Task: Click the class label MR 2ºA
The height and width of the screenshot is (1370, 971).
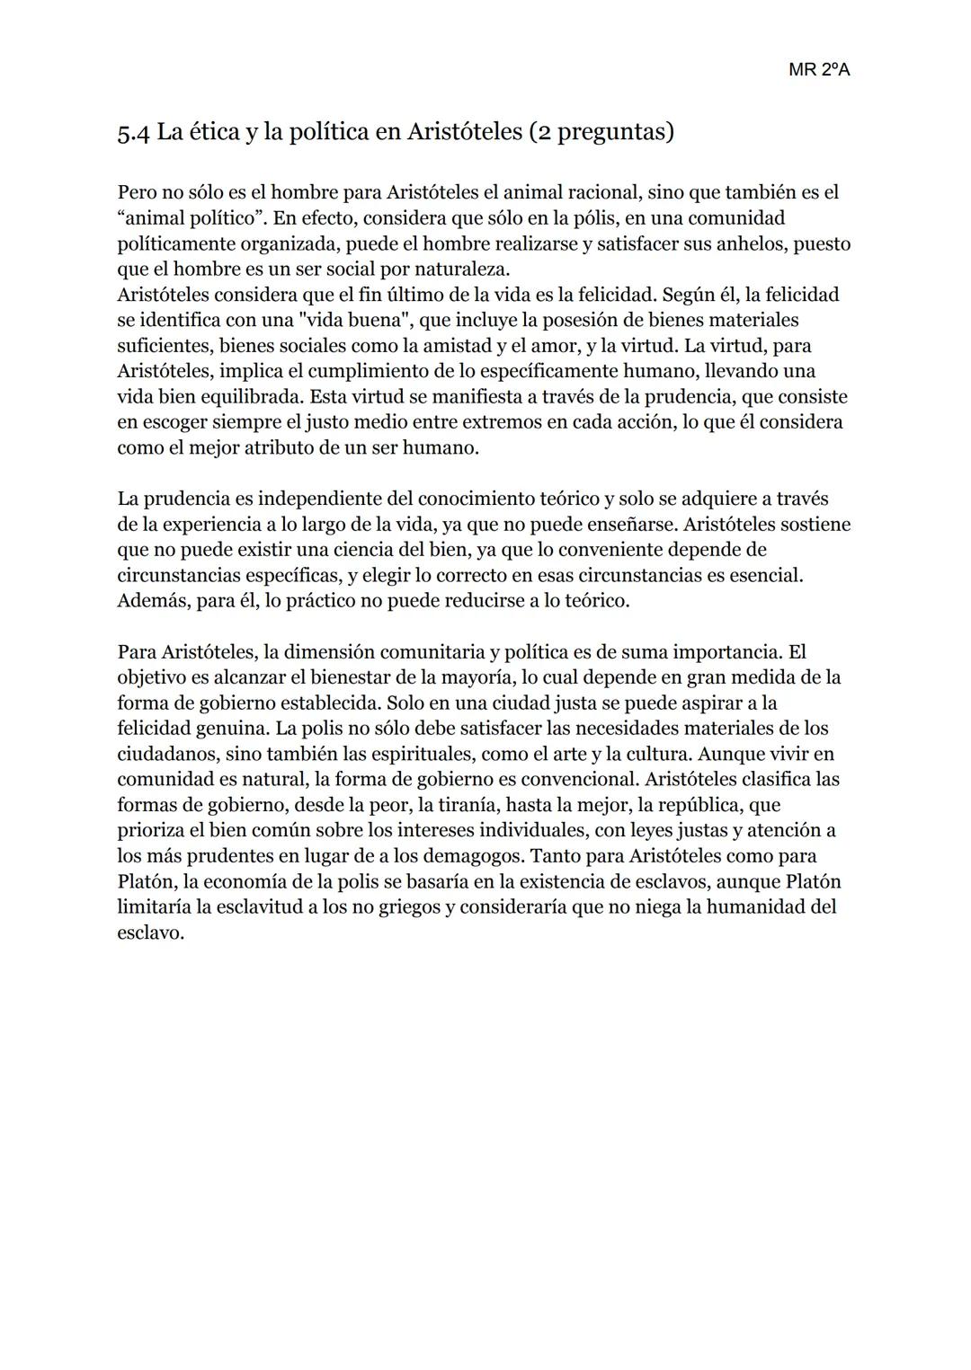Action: pos(818,70)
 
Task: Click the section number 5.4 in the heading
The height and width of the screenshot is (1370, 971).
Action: pos(134,133)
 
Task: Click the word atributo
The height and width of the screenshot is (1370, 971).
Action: pos(278,447)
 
